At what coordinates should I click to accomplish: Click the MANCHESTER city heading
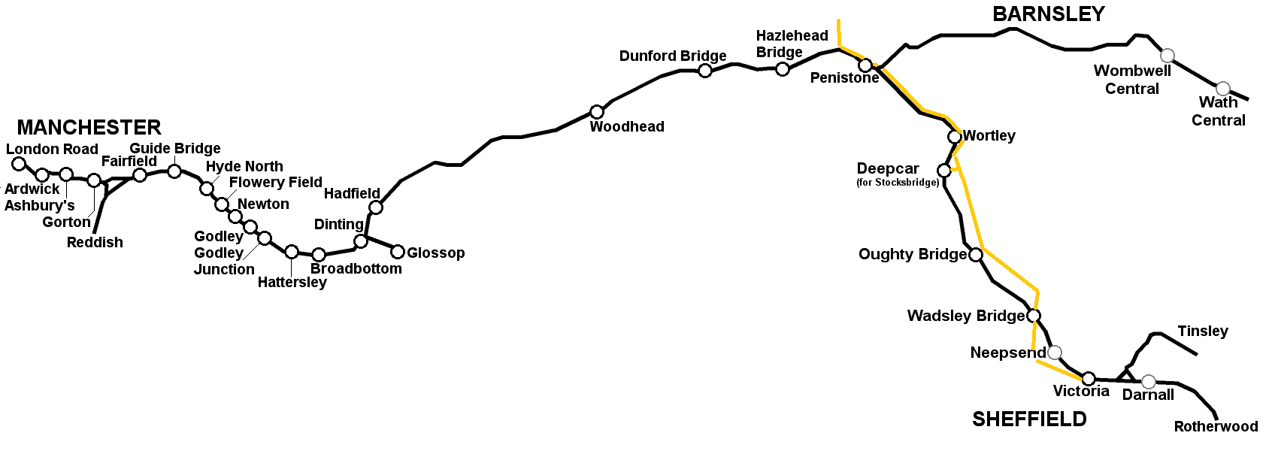pos(89,128)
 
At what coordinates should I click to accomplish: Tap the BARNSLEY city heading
pos(1048,14)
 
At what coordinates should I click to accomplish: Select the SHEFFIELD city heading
pos(1029,419)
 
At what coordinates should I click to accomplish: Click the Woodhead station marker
pos(597,112)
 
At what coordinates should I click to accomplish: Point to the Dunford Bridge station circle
pos(705,71)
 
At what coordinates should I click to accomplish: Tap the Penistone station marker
pos(865,65)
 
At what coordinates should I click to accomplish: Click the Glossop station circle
pos(398,252)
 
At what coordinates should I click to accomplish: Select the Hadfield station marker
pos(376,207)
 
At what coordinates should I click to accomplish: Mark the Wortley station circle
pos(955,137)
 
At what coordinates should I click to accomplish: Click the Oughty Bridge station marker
pos(976,255)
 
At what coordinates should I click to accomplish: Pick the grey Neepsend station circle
pos(1055,353)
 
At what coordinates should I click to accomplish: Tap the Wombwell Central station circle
pos(1167,55)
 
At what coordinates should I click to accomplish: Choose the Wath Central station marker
pos(1223,89)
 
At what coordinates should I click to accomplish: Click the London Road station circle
pos(20,164)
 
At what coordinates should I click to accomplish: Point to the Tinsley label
pos(1203,331)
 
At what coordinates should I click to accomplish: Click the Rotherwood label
pos(1216,427)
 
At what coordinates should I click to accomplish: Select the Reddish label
pos(95,243)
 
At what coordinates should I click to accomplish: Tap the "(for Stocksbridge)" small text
pos(898,183)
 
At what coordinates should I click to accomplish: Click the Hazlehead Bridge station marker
pos(783,69)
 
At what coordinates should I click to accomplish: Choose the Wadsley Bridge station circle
pos(1034,316)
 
